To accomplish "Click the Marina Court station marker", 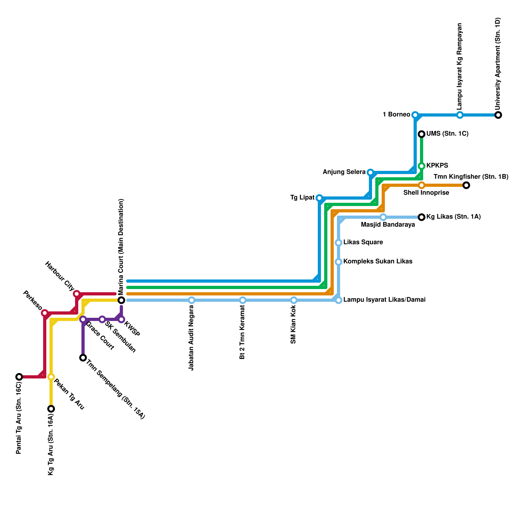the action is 121,300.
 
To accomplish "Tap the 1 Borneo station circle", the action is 415,115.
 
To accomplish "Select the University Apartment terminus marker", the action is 498,115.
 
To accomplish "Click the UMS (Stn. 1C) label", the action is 447,134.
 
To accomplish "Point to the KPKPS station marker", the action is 422,166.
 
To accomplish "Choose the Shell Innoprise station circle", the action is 422,185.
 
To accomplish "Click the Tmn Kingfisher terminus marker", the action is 466,185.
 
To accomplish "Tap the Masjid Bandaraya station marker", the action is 383,217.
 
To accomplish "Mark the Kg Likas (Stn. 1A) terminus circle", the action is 422,217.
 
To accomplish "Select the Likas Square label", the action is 363,242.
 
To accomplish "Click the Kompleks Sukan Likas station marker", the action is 339,262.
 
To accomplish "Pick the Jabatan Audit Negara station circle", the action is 192,300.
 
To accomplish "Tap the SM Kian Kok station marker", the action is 294,300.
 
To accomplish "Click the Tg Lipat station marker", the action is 319,198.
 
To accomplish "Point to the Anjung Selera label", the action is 344,172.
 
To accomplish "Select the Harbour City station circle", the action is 77,294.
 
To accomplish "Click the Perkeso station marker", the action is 45,313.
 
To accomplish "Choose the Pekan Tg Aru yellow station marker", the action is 51,377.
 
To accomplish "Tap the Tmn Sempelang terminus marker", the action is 83,358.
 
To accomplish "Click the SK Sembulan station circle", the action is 102,319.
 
